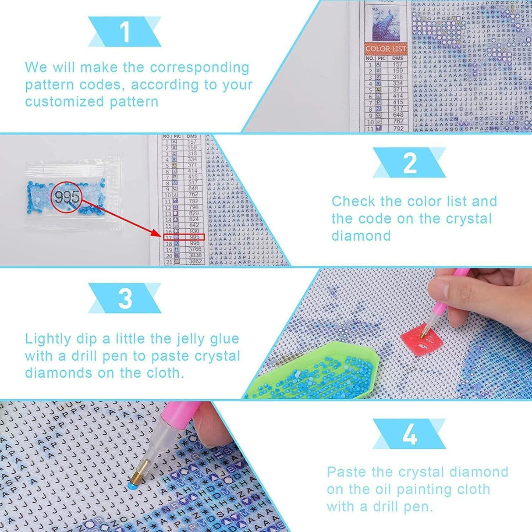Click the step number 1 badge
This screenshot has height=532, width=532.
coord(125,32)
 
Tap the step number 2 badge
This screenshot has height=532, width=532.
coord(409,163)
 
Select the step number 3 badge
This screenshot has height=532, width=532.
coord(125,298)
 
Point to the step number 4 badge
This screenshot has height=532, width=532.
coord(409,434)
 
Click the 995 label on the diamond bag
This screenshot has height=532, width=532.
coord(67,197)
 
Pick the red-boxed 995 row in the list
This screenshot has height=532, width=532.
coord(184,237)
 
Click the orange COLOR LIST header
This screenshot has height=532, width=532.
coord(386,49)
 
